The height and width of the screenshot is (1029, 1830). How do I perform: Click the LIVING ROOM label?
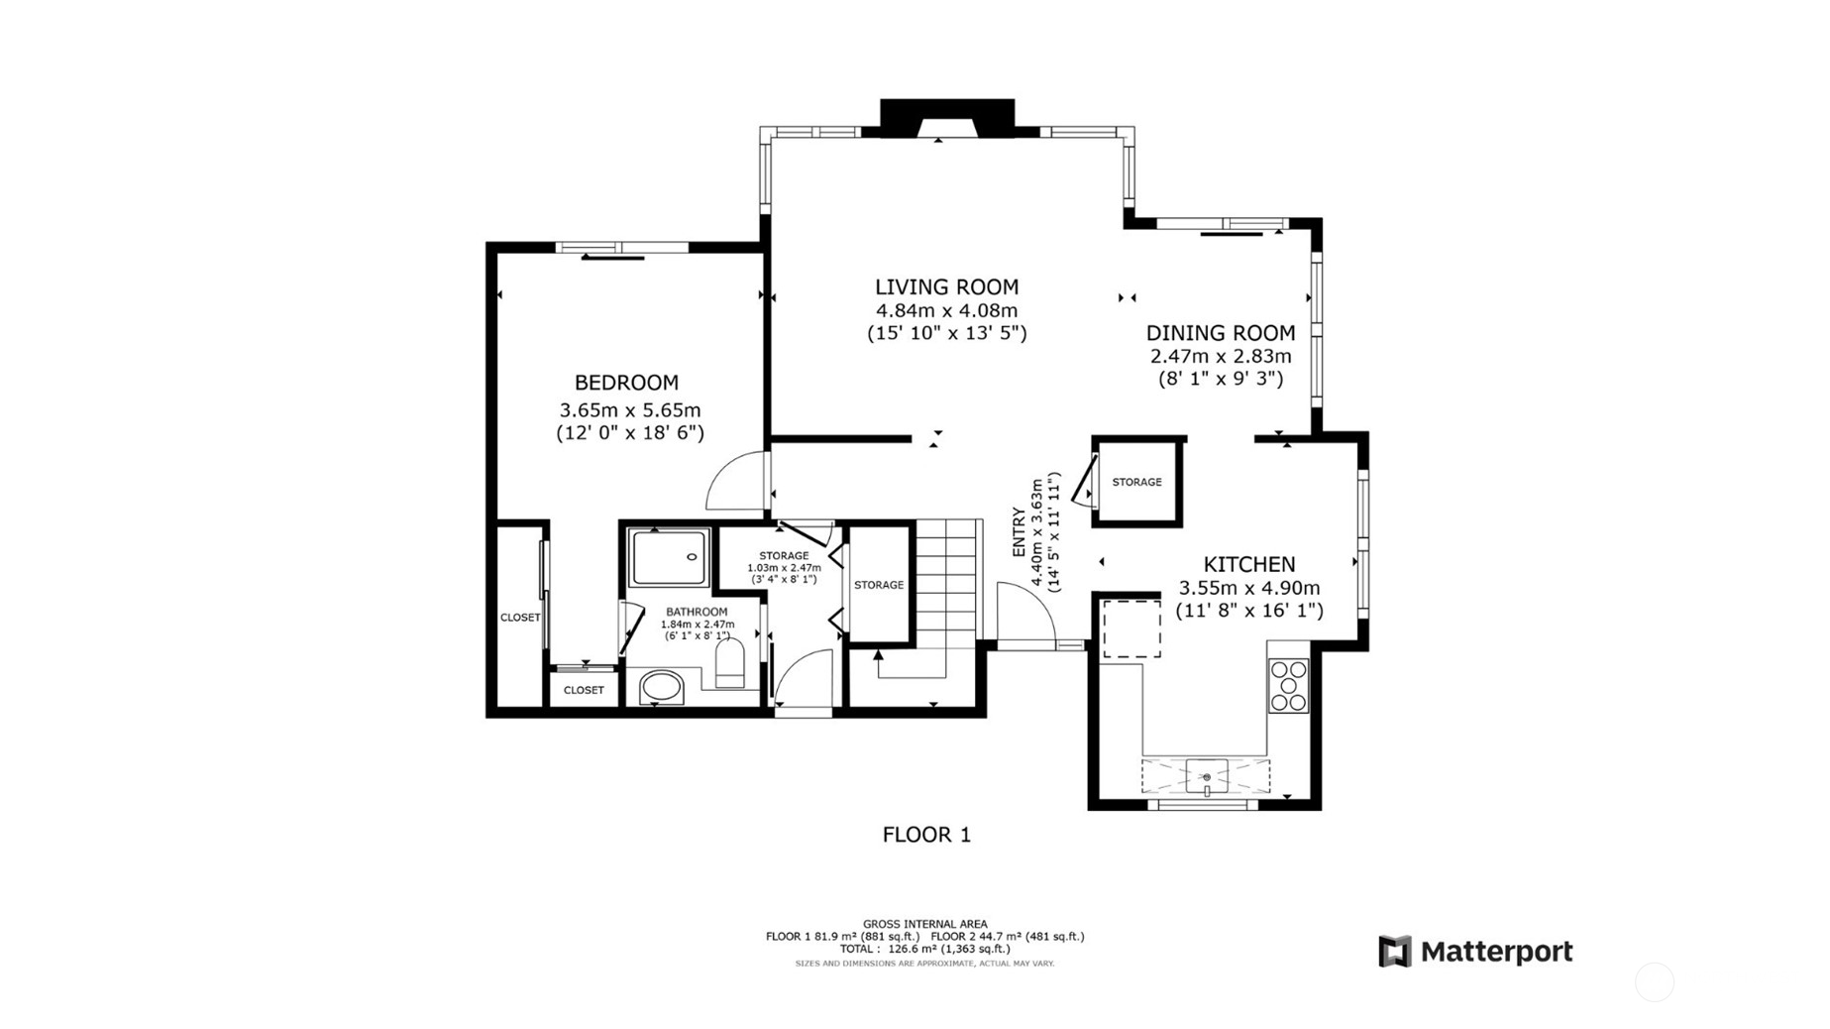pos(946,287)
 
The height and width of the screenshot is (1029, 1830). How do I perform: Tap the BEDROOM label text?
pos(626,383)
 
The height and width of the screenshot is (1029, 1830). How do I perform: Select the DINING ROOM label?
pos(1221,333)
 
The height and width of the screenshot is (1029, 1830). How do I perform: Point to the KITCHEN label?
pos(1248,564)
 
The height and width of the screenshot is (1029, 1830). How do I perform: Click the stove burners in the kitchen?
pos(1288,685)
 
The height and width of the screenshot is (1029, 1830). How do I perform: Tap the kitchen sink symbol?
pos(1206,776)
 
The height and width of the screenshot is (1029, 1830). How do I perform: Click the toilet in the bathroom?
pos(730,663)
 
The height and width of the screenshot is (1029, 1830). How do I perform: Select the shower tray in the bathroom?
pos(671,558)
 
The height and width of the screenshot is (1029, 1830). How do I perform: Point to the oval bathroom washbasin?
pos(661,687)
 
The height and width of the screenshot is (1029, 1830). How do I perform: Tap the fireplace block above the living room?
pos(947,117)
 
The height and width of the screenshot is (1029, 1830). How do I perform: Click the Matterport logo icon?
pos(1394,952)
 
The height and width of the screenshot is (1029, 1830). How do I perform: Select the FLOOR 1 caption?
pos(926,835)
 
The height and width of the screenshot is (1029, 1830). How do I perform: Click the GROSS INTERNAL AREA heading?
pos(924,924)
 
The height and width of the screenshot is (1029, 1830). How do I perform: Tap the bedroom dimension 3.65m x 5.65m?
pos(630,410)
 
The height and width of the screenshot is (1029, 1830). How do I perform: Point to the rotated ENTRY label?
pos(1019,532)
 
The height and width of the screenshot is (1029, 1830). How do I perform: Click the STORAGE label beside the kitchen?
pos(1136,482)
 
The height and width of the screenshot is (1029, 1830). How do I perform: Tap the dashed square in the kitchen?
pos(1131,629)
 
